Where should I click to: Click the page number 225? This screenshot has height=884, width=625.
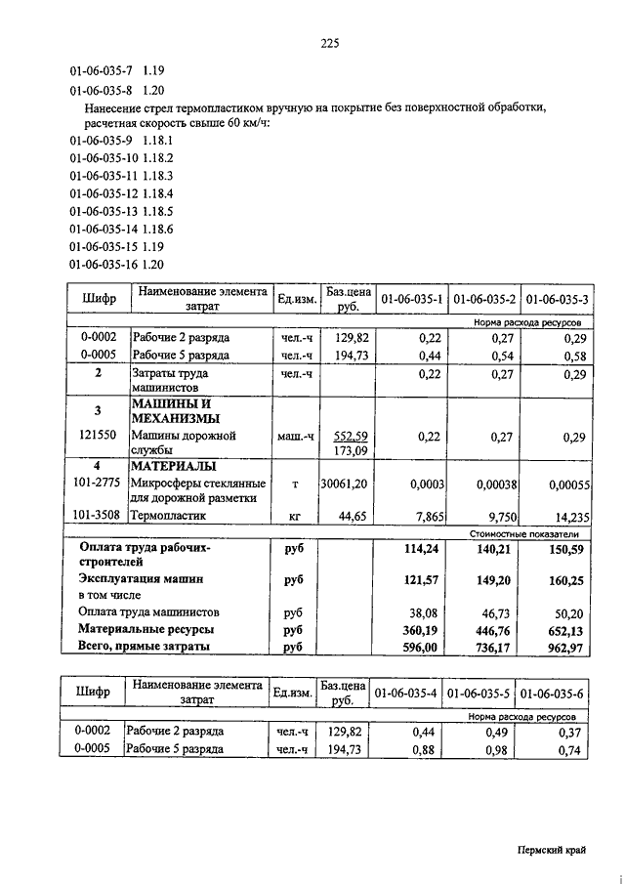328,42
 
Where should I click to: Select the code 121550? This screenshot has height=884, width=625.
98,435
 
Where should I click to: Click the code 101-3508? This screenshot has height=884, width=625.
98,514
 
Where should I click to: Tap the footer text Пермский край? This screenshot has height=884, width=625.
552,851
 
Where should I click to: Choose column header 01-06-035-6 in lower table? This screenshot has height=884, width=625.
554,694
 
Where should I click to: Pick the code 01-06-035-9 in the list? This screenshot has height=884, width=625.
101,141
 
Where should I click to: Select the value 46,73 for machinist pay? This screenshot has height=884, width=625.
499,612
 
